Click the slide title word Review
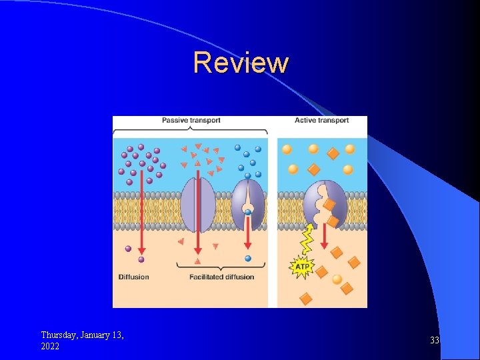point(241,63)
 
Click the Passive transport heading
point(191,121)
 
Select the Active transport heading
point(321,121)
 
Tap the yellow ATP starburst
point(302,267)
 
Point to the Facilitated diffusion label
point(221,277)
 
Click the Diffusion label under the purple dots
point(134,277)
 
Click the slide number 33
point(435,341)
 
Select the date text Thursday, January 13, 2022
point(82,340)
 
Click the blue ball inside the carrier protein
point(247,212)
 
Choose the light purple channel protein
point(197,201)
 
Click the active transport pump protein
point(325,203)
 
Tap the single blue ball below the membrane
point(248,258)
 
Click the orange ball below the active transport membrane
point(337,279)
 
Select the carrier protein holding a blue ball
point(248,199)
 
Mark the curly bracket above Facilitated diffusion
point(221,266)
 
